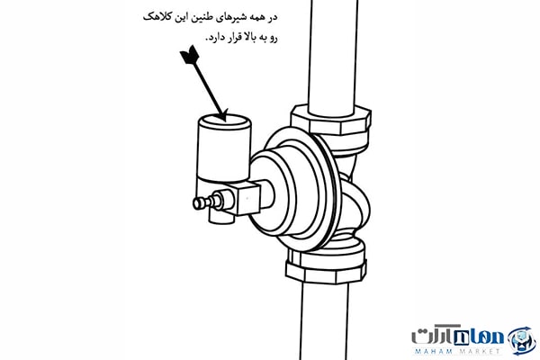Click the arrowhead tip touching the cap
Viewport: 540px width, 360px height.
coord(225,121)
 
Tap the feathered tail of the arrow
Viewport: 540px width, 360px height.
coord(189,55)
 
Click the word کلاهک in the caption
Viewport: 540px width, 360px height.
coord(156,17)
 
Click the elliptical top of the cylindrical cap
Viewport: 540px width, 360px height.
coord(225,122)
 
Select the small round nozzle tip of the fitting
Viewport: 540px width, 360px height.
coord(198,203)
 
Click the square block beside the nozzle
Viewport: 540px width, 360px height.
coord(247,199)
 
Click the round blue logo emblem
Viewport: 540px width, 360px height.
coord(522,340)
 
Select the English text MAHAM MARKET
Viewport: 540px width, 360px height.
coord(457,351)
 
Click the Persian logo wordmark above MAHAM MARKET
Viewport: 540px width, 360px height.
coord(457,334)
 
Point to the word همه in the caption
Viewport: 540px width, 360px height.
coord(257,18)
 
